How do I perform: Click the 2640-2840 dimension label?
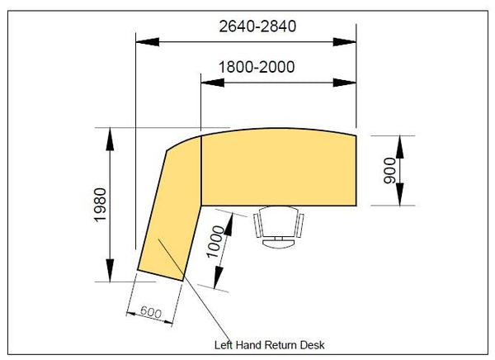click(x=257, y=26)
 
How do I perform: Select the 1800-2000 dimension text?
click(x=257, y=67)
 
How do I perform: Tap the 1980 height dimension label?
click(x=101, y=205)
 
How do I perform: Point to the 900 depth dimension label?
click(x=389, y=171)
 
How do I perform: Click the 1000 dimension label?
click(x=215, y=242)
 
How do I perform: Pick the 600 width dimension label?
click(x=151, y=311)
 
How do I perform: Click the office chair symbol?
click(x=279, y=227)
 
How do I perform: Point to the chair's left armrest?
click(x=258, y=225)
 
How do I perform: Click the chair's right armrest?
click(x=299, y=225)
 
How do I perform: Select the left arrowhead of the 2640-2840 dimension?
click(x=148, y=42)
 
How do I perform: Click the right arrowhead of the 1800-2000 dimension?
click(x=345, y=83)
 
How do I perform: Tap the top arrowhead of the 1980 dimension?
click(x=110, y=139)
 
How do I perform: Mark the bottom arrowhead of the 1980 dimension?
click(x=110, y=270)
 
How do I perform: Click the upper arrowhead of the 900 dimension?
click(x=399, y=147)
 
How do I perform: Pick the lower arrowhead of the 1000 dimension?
click(x=218, y=277)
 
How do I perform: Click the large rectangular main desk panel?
click(x=279, y=168)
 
